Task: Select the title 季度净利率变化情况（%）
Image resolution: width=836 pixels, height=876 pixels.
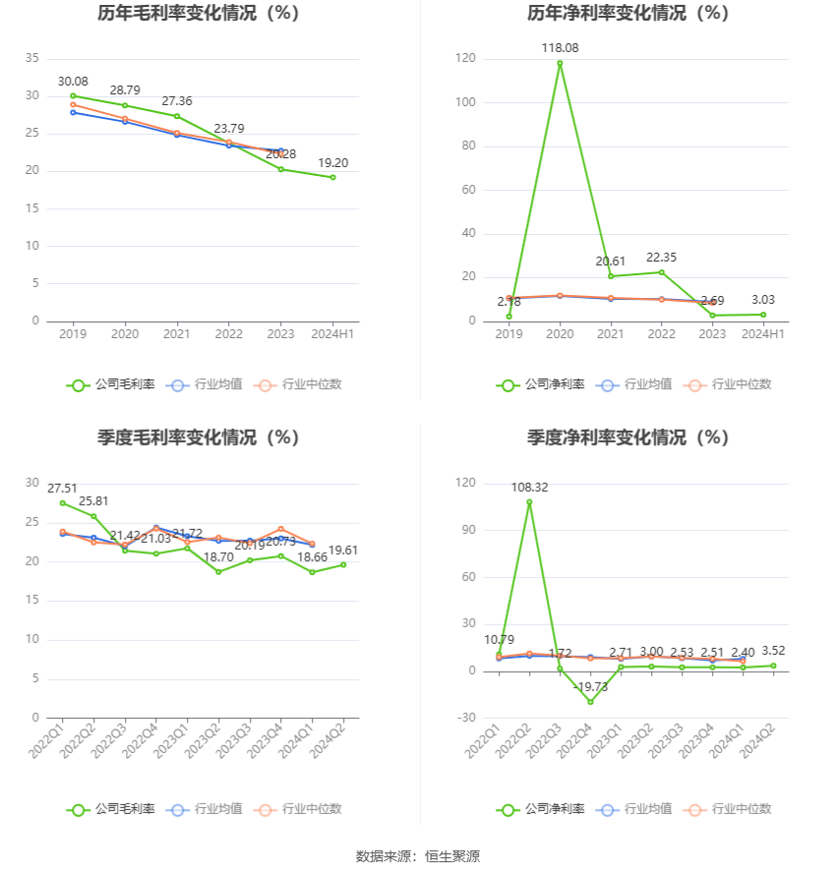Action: (627, 438)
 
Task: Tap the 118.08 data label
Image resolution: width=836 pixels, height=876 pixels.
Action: (560, 47)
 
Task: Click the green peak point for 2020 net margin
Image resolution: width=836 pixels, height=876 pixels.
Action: (560, 64)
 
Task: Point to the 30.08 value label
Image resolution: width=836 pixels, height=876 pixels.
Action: (73, 81)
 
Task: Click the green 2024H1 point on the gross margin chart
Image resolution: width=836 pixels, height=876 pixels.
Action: (332, 177)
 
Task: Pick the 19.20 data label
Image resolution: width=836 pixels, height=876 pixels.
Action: (332, 162)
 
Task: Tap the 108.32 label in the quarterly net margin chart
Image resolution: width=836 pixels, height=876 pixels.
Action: (529, 487)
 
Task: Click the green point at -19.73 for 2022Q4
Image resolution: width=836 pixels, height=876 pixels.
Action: (590, 701)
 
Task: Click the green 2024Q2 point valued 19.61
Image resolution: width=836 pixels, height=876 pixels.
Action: (343, 564)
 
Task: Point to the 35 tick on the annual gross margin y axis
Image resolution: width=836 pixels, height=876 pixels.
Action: (33, 58)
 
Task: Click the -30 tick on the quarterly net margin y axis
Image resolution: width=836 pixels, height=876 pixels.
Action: (465, 718)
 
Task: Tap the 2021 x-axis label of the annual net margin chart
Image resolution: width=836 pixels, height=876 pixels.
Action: (611, 334)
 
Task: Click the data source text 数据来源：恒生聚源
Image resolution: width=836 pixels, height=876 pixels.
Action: (417, 856)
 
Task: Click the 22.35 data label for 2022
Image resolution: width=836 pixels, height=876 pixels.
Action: (661, 257)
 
